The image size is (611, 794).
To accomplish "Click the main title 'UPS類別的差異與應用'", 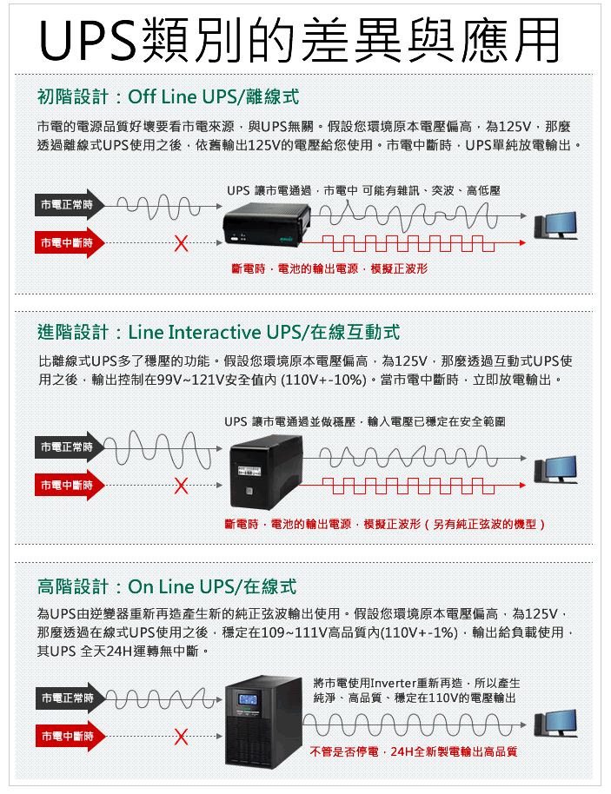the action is pos(299,40).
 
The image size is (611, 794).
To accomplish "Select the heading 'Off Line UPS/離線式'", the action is pos(213,96).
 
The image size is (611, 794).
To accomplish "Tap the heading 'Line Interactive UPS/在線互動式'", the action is pos(264,332).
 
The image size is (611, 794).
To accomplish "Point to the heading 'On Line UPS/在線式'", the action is pos(212,586).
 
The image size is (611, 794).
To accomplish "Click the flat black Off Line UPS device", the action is pos(267,223).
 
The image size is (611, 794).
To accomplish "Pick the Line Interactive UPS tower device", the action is pos(265,471).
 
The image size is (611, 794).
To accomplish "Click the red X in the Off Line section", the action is pos(181,243).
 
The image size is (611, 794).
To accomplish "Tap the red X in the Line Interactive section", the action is pos(181,486).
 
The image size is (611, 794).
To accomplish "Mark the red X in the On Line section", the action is pos(181,737).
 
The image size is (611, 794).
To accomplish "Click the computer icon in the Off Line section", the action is pos(555,225).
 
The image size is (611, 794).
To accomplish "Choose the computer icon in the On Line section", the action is pos(555,723).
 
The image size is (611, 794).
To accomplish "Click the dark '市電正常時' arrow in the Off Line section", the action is pos(70,204).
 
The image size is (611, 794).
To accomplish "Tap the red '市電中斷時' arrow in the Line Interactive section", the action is pos(70,485).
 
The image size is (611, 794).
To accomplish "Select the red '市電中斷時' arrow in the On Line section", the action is pos(70,737).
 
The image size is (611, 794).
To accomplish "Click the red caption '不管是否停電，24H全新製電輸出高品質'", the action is pos(413,751).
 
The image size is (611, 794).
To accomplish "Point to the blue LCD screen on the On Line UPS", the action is pos(248,700).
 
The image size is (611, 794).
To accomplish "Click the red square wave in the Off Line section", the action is pos(413,243).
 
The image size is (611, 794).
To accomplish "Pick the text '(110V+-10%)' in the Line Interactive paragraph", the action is pos(323,380).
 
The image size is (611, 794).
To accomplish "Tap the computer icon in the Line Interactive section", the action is pos(555,470).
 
